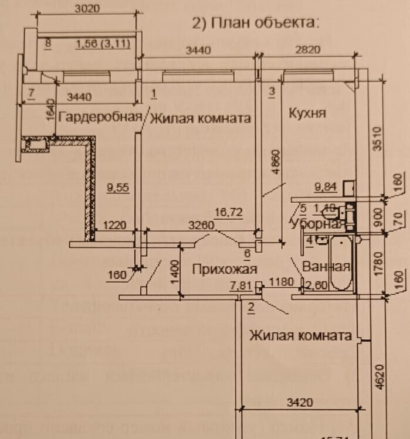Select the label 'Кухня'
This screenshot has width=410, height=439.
pyautogui.click(x=307, y=113)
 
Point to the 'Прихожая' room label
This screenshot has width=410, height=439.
pyautogui.click(x=225, y=269)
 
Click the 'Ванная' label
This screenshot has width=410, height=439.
pyautogui.click(x=326, y=267)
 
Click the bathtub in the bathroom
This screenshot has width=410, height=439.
pyautogui.click(x=340, y=264)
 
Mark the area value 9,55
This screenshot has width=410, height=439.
pyautogui.click(x=117, y=189)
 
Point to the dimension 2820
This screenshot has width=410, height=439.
pyautogui.click(x=307, y=50)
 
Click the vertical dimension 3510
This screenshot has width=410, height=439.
pyautogui.click(x=378, y=139)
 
